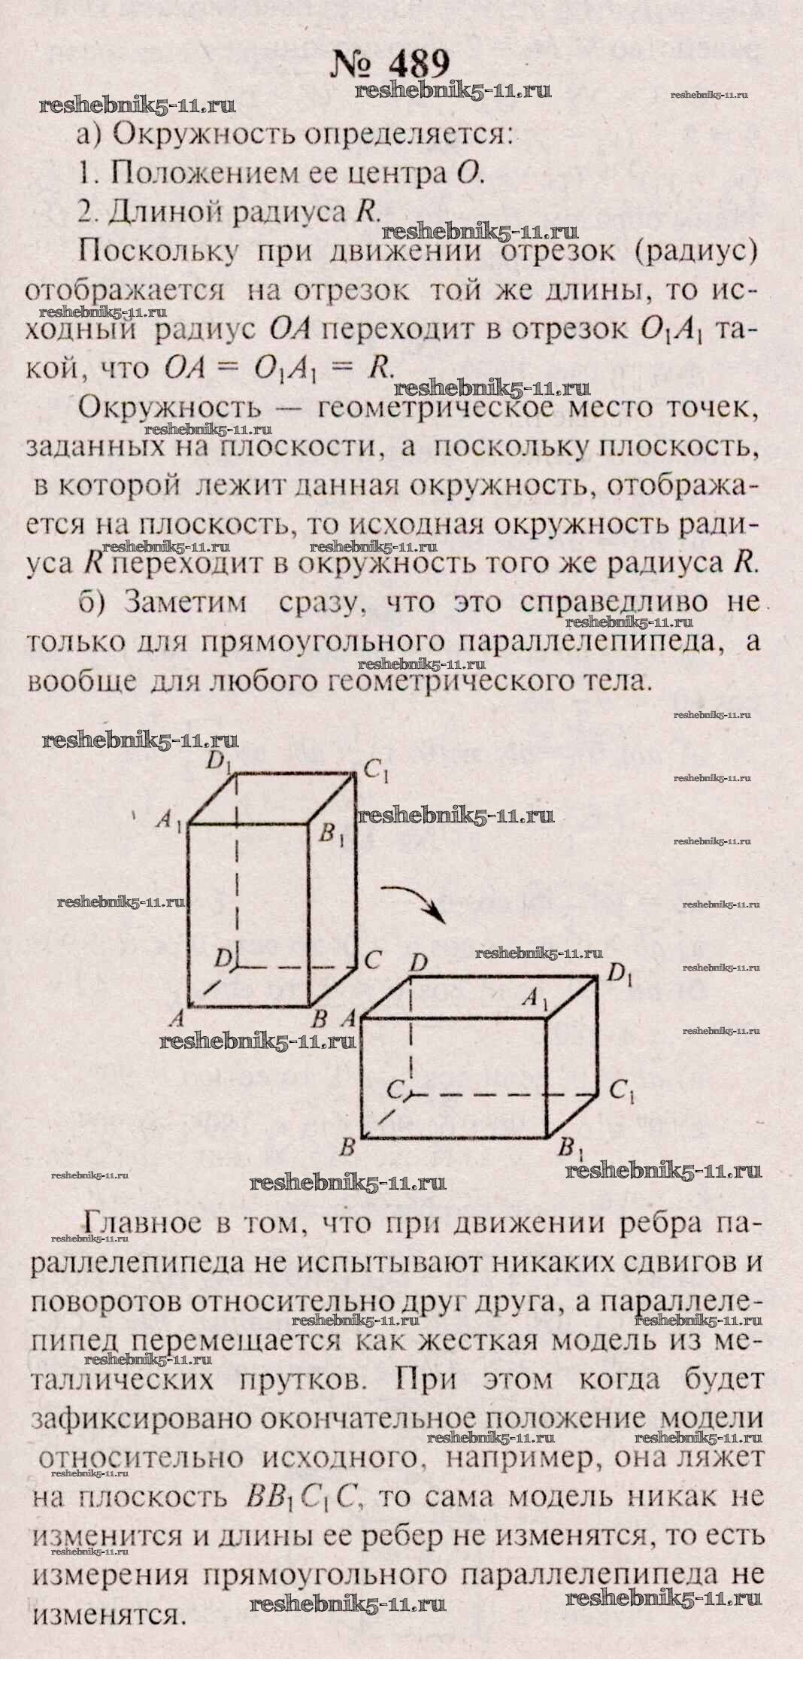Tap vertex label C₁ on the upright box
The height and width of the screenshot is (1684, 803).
pyautogui.click(x=375, y=770)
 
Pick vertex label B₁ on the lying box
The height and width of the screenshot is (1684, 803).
pyautogui.click(x=569, y=1150)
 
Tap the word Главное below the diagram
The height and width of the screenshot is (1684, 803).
pyautogui.click(x=144, y=1223)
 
